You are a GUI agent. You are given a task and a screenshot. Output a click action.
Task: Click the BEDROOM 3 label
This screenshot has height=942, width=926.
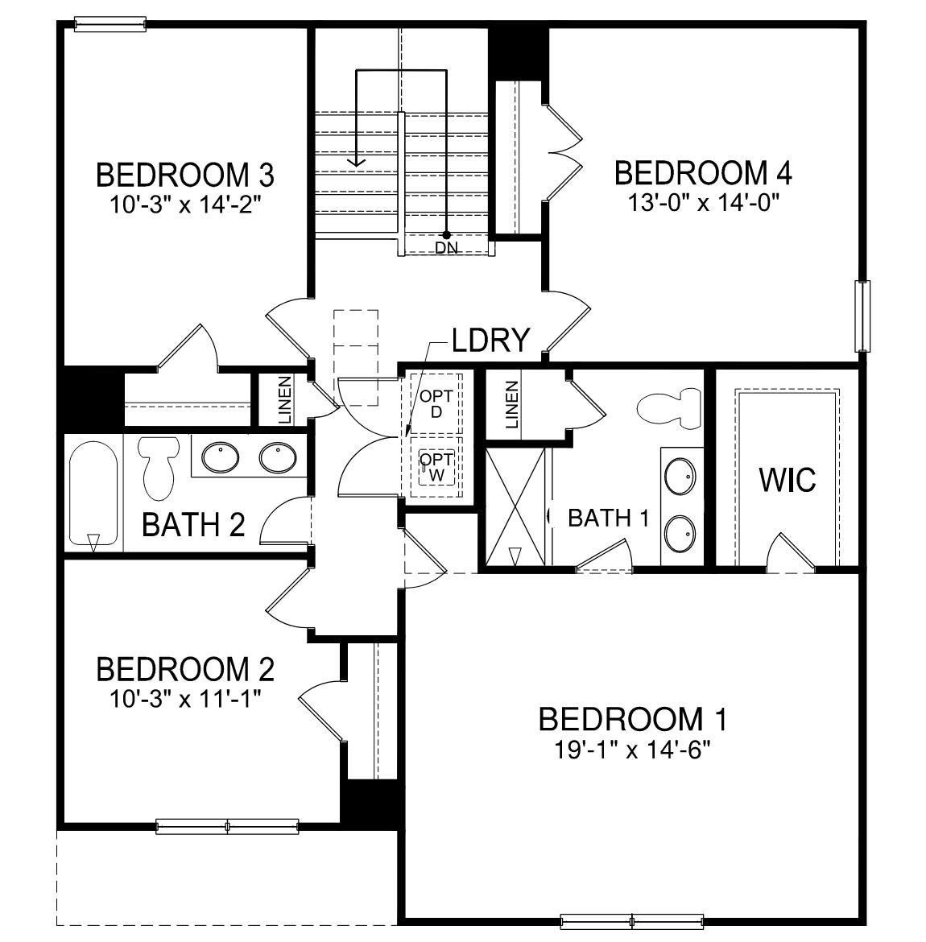(185, 175)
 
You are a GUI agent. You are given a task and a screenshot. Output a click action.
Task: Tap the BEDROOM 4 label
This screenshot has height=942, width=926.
(703, 172)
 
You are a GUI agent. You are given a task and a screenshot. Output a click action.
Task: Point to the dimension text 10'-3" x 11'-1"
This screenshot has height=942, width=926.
(185, 697)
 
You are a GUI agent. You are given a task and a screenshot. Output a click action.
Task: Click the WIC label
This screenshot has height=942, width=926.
(788, 480)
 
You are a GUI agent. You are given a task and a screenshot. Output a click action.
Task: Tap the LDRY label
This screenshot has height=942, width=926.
(490, 340)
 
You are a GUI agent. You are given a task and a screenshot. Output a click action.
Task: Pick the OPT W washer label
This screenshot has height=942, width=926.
(436, 467)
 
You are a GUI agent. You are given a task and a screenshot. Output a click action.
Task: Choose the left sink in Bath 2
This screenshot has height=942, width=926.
(220, 459)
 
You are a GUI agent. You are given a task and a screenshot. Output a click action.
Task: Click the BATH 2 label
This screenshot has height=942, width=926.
(193, 525)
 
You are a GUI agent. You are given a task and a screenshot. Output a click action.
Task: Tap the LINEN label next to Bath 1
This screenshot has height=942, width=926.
(511, 404)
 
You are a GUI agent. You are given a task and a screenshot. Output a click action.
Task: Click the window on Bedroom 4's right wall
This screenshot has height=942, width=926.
(863, 316)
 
